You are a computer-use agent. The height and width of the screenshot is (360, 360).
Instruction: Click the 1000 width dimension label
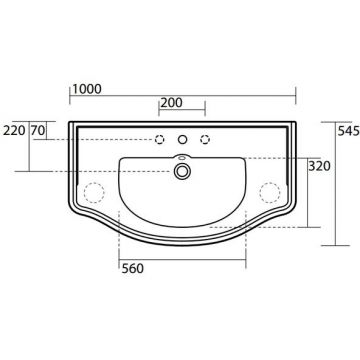coord(87,89)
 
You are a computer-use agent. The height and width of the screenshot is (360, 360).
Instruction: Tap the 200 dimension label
coord(171,103)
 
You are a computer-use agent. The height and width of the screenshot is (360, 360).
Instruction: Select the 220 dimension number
coord(14,130)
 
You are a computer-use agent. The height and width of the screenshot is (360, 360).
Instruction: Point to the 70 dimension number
coord(38,130)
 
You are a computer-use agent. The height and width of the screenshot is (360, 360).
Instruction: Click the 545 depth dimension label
coord(349,131)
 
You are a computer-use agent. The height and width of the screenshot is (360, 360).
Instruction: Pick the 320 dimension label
coord(319,166)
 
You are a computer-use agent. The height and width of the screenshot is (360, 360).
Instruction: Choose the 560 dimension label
coord(133,268)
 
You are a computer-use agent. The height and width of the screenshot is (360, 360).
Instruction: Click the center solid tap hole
coord(182,139)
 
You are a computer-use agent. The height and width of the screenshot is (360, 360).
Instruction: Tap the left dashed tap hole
coord(160,139)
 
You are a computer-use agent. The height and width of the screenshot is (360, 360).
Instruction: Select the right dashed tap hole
coord(206,139)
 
